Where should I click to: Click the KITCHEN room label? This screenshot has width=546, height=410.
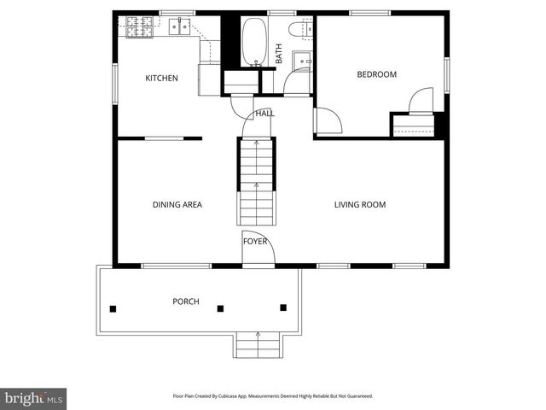[161, 79]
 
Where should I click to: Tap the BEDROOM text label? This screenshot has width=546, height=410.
[376, 74]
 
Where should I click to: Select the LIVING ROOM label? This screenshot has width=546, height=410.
[359, 205]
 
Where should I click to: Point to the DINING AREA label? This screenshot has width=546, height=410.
[177, 205]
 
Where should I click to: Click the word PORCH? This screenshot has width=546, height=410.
[186, 302]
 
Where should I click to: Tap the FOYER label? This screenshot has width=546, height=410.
[255, 242]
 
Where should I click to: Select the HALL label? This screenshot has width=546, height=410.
[264, 114]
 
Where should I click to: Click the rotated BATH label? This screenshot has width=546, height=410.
[279, 54]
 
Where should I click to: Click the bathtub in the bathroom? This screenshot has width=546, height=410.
[254, 42]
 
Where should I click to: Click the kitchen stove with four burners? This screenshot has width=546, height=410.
[139, 27]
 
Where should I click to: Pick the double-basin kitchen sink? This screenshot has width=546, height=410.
[179, 27]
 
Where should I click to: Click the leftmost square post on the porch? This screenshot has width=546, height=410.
[113, 308]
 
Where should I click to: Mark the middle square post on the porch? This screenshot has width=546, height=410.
[220, 308]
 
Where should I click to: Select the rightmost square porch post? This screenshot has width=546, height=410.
[283, 307]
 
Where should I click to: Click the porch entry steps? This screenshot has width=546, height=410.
[257, 346]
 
